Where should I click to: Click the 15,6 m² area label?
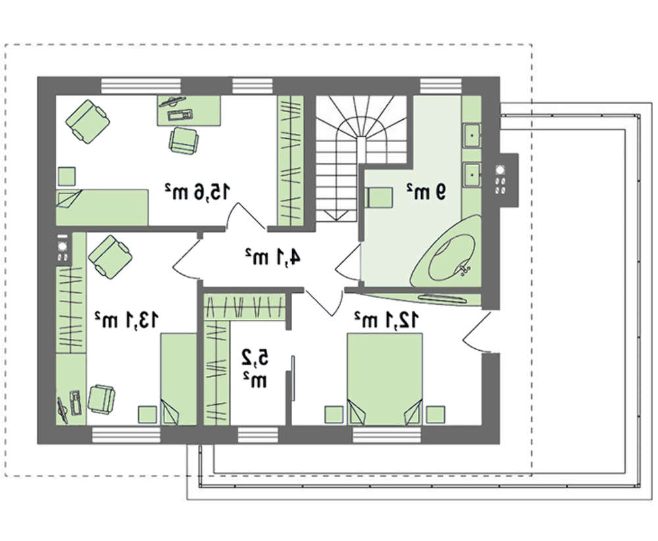(x=197, y=192)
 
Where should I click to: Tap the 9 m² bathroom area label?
(x=426, y=192)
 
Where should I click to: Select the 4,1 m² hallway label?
(x=272, y=257)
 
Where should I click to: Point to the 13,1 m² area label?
(x=126, y=320)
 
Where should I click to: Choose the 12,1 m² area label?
(x=386, y=320)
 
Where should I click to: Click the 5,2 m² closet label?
(x=254, y=369)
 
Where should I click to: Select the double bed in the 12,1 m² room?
(x=384, y=379)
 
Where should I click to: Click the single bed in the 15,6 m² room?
(x=102, y=207)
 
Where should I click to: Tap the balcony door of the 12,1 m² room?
(x=476, y=332)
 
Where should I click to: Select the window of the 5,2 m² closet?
(x=258, y=435)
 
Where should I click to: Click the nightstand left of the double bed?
(x=335, y=415)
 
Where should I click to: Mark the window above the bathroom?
(x=441, y=86)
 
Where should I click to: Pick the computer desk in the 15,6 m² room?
(x=190, y=111)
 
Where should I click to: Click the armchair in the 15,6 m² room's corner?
(x=88, y=121)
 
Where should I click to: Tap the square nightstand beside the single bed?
(x=66, y=176)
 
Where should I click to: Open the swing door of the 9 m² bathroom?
(x=348, y=263)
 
